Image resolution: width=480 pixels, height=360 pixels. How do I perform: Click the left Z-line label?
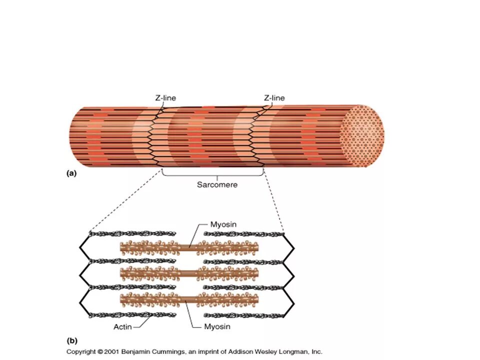[165, 98]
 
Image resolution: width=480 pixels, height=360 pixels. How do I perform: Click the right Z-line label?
[274, 98]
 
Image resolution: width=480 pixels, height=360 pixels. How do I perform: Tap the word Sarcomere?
[217, 184]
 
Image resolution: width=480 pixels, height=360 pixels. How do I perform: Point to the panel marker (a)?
[71, 173]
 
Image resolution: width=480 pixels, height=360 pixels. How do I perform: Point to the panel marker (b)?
[72, 340]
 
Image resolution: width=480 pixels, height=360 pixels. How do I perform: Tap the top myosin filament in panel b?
[190, 246]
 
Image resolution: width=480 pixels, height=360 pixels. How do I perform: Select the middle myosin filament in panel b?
[190, 273]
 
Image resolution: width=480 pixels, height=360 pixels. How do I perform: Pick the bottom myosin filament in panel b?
[190, 299]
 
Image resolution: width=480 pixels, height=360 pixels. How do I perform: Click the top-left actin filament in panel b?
[132, 233]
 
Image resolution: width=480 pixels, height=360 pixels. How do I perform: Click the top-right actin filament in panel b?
[244, 233]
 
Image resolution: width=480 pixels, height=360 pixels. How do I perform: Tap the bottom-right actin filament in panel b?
[244, 315]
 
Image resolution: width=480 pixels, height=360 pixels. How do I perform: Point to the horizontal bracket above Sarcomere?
[213, 174]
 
